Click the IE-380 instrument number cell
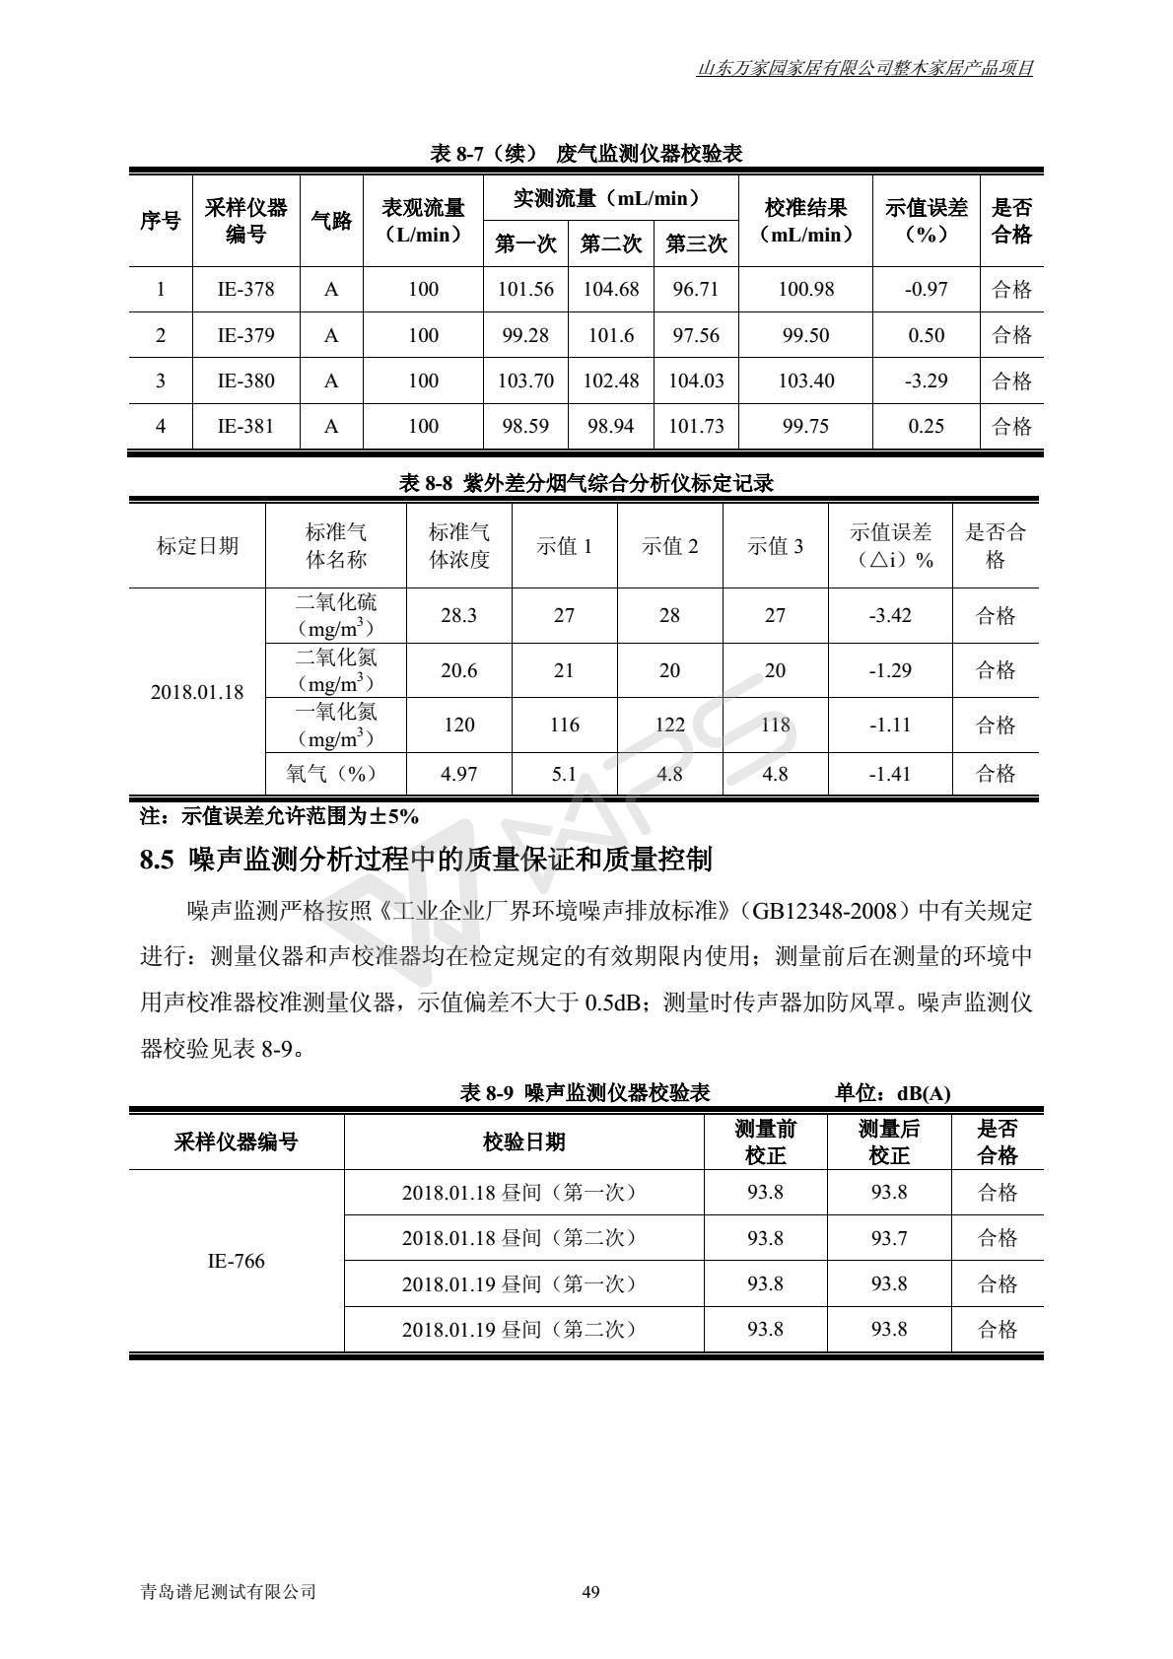pyautogui.click(x=245, y=380)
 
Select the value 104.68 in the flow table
pyautogui.click(x=611, y=289)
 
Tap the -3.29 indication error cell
pyautogui.click(x=926, y=380)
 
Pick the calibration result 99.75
pyautogui.click(x=805, y=426)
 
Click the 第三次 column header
pyautogui.click(x=696, y=243)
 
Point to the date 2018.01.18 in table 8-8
pyautogui.click(x=197, y=692)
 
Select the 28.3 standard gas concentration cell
pyautogui.click(x=458, y=615)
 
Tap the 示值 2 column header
pyautogui.click(x=669, y=546)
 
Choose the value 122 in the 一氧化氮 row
pyautogui.click(x=669, y=725)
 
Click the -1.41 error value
pyautogui.click(x=889, y=774)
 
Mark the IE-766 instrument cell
pyautogui.click(x=236, y=1261)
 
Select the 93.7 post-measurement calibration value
pyautogui.click(x=888, y=1238)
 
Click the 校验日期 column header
pyautogui.click(x=523, y=1141)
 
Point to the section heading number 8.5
pyautogui.click(x=157, y=861)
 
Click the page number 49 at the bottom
pyautogui.click(x=591, y=1591)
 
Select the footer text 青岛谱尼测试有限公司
pyautogui.click(x=229, y=1591)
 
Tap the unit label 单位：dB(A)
pyautogui.click(x=892, y=1093)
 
